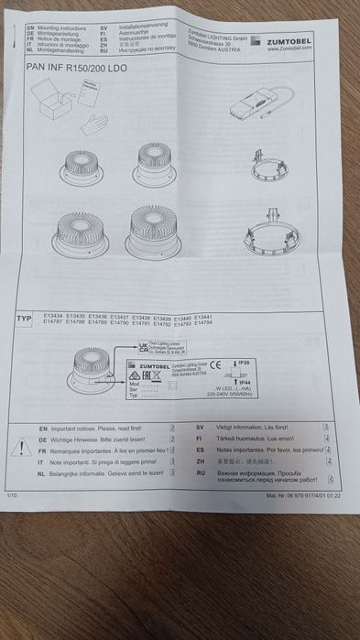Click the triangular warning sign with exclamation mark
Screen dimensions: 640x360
[19, 446]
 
